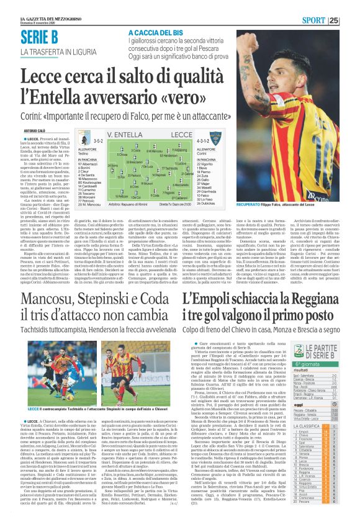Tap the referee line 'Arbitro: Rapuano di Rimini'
[115, 203]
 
